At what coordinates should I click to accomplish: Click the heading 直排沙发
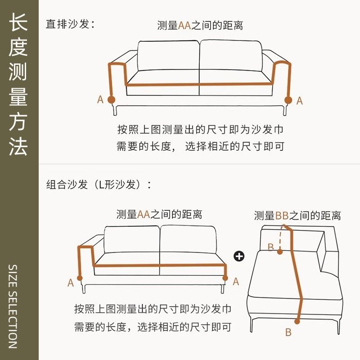point(70,24)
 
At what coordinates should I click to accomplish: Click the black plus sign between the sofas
point(239,256)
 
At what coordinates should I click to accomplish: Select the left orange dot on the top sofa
point(111,99)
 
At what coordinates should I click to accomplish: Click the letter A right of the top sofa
point(299,101)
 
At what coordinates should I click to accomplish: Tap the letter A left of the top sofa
point(100,99)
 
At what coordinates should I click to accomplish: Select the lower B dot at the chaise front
point(297,321)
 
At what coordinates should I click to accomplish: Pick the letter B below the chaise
point(288,333)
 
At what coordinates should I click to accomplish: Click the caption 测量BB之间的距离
point(297,216)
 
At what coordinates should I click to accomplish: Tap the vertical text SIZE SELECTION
point(13,306)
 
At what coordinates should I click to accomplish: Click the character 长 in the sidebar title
point(18,22)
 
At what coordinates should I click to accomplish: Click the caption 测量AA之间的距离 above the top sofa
point(200,26)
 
